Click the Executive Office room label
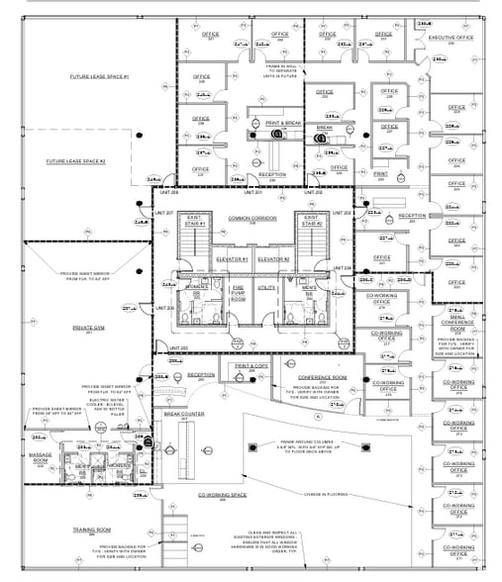(451, 38)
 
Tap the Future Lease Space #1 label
(92, 76)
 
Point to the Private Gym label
(87, 326)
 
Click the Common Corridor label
(251, 217)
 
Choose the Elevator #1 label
(231, 258)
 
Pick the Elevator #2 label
(272, 258)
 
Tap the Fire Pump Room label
(237, 294)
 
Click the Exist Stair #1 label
(194, 220)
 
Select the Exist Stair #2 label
(311, 220)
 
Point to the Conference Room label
(321, 376)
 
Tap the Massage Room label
(40, 458)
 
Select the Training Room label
(90, 530)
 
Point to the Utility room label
(265, 287)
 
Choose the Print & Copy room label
(251, 366)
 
